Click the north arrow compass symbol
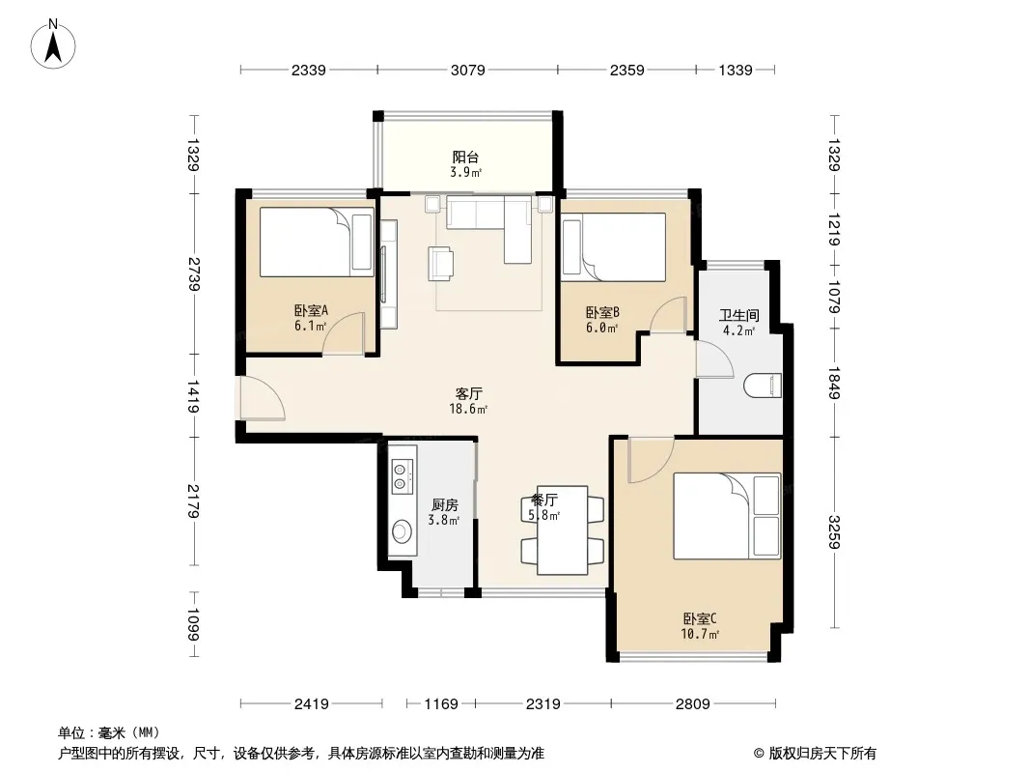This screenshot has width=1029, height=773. coord(53,44)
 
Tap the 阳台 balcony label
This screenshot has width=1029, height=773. coord(465,157)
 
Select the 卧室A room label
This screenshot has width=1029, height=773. coord(311,310)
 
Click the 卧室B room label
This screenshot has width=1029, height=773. coord(602,312)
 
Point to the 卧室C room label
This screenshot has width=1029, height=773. coord(700,618)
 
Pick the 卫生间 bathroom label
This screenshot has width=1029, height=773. coord(739,315)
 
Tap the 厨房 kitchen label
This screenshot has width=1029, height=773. coord(444,505)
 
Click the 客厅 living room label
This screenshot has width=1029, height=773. coord(468,393)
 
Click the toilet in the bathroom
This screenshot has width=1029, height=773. coord(763,386)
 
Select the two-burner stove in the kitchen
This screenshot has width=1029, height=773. coord(400,476)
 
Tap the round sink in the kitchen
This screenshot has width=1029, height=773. coord(401,531)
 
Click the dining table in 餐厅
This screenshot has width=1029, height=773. coord(563,530)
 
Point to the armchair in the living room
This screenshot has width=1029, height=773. coord(441,263)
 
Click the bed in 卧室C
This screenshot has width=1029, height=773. coord(727,516)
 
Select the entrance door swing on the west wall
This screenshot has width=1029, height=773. coord(263,397)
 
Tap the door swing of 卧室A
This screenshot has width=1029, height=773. coord(343,334)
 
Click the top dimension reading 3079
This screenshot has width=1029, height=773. coord(468,70)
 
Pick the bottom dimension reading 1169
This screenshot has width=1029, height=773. coord(441,704)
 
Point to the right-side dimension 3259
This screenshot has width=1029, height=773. coord(834,532)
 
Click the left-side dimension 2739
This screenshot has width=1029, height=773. coord(194,274)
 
